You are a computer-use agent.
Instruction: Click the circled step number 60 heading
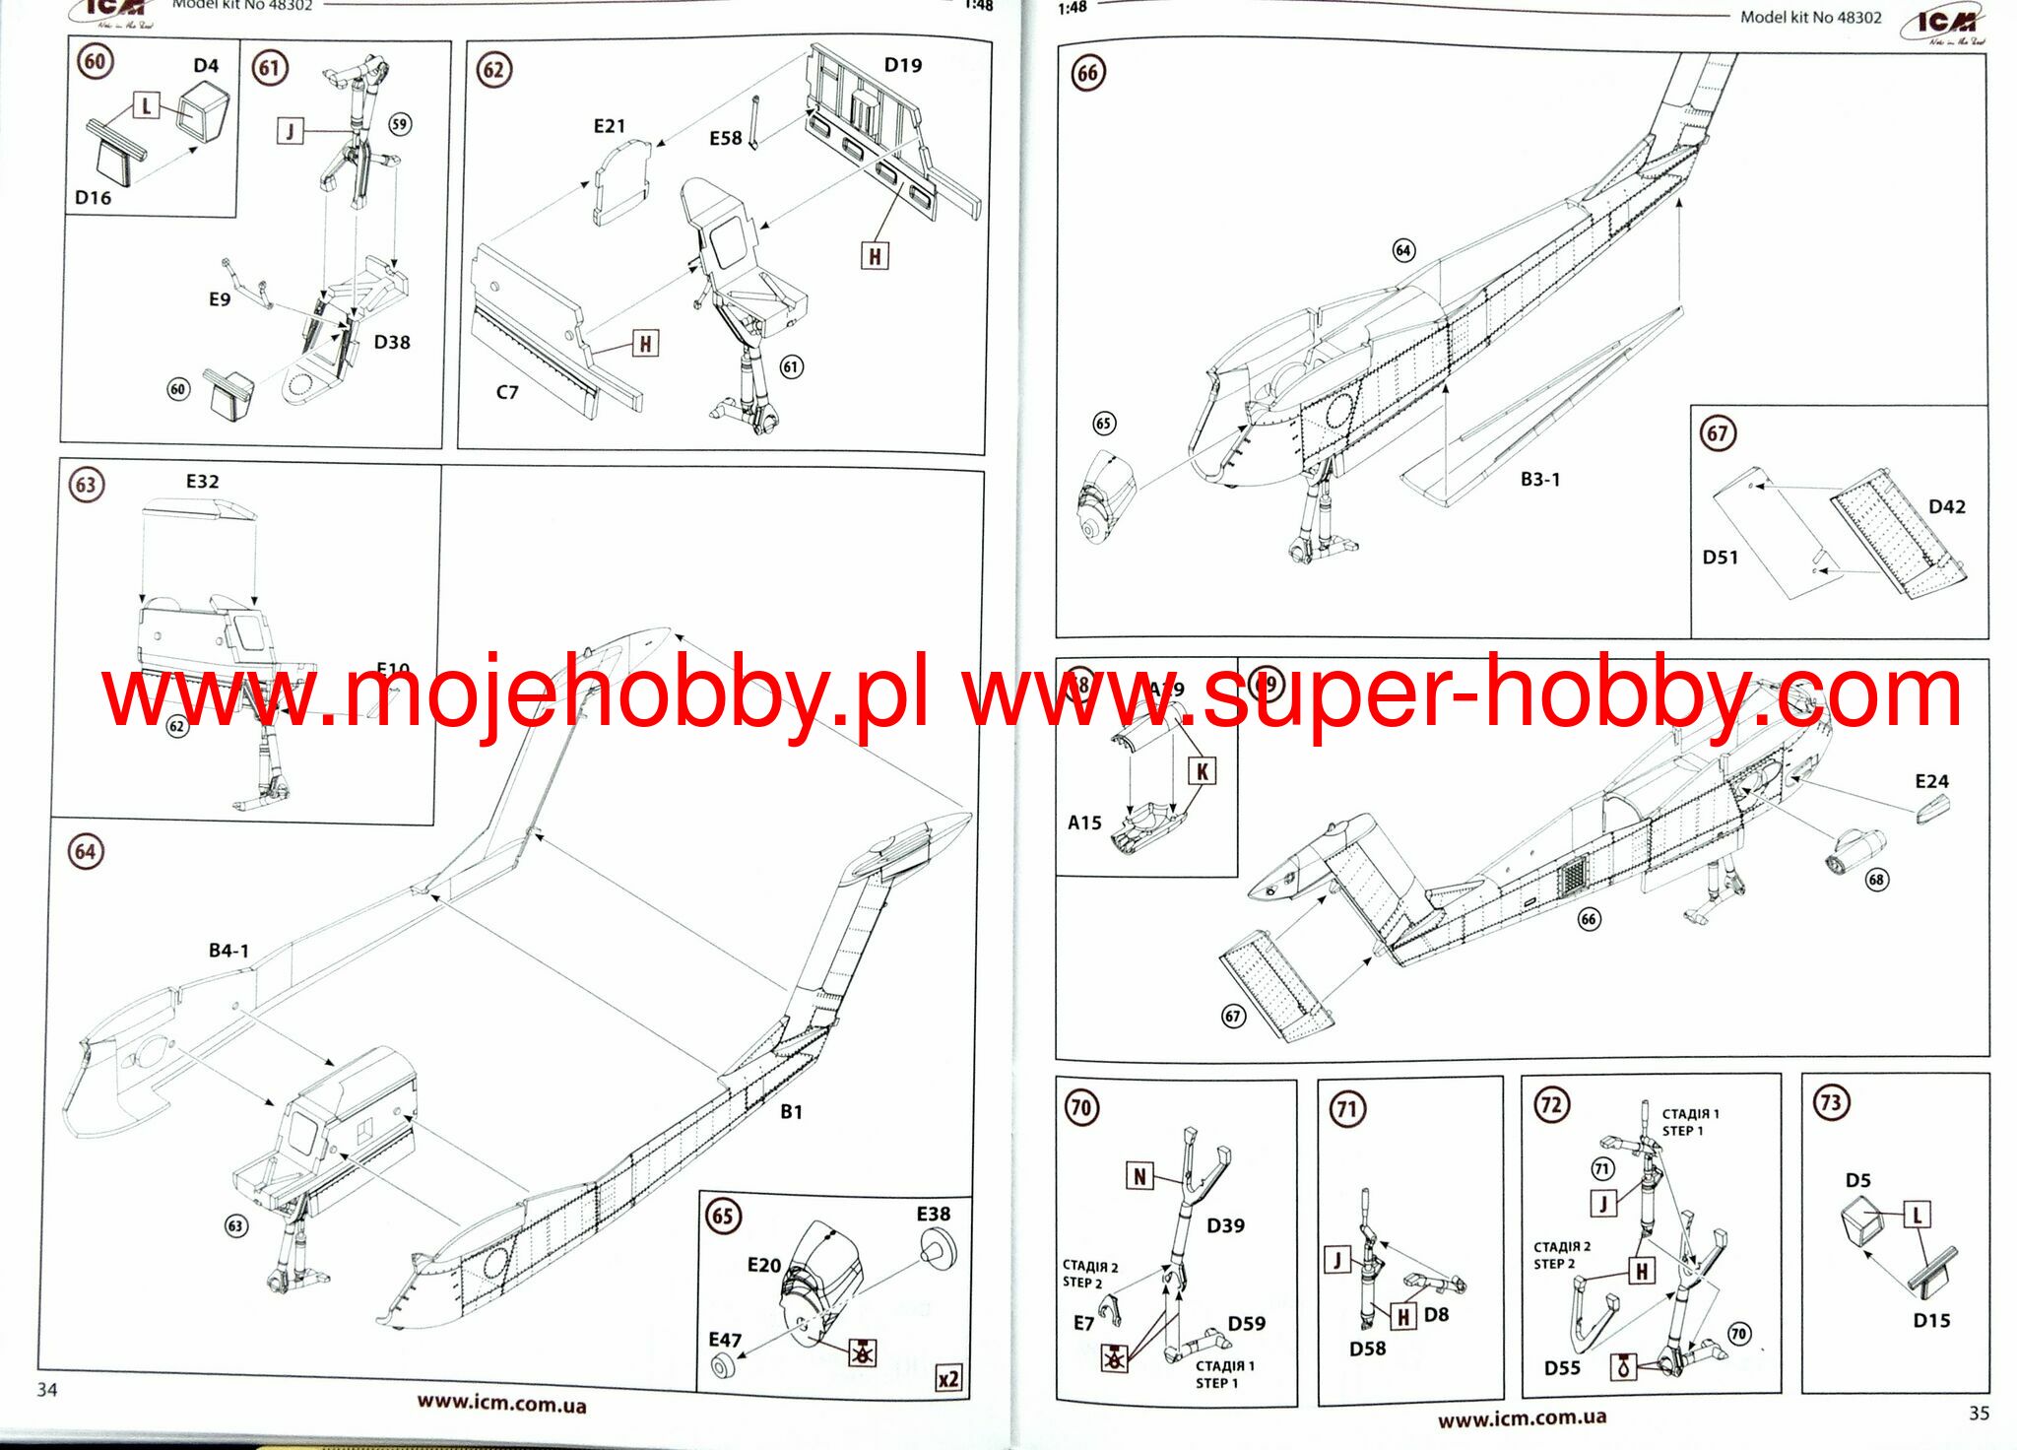point(95,61)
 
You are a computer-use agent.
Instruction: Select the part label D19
point(902,65)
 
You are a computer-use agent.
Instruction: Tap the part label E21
point(609,126)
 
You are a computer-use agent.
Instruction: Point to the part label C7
point(506,392)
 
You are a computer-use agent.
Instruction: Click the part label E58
point(725,139)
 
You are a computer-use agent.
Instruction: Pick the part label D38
point(392,342)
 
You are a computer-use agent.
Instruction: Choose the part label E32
point(202,481)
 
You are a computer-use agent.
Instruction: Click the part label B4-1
point(228,951)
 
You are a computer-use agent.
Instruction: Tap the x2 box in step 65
point(947,1379)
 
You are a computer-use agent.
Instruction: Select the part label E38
point(933,1214)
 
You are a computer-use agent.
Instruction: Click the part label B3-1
point(1539,480)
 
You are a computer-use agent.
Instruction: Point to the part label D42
point(1946,506)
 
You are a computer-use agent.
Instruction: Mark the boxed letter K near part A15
point(1202,770)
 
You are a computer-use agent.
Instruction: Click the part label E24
point(1931,781)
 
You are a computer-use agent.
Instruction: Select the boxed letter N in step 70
point(1139,1176)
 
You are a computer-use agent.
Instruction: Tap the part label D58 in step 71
point(1367,1349)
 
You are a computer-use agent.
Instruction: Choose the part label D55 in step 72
point(1562,1367)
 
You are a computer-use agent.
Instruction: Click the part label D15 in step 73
point(1931,1320)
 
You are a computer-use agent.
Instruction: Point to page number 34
point(47,1389)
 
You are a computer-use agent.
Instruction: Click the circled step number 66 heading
point(1087,73)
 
